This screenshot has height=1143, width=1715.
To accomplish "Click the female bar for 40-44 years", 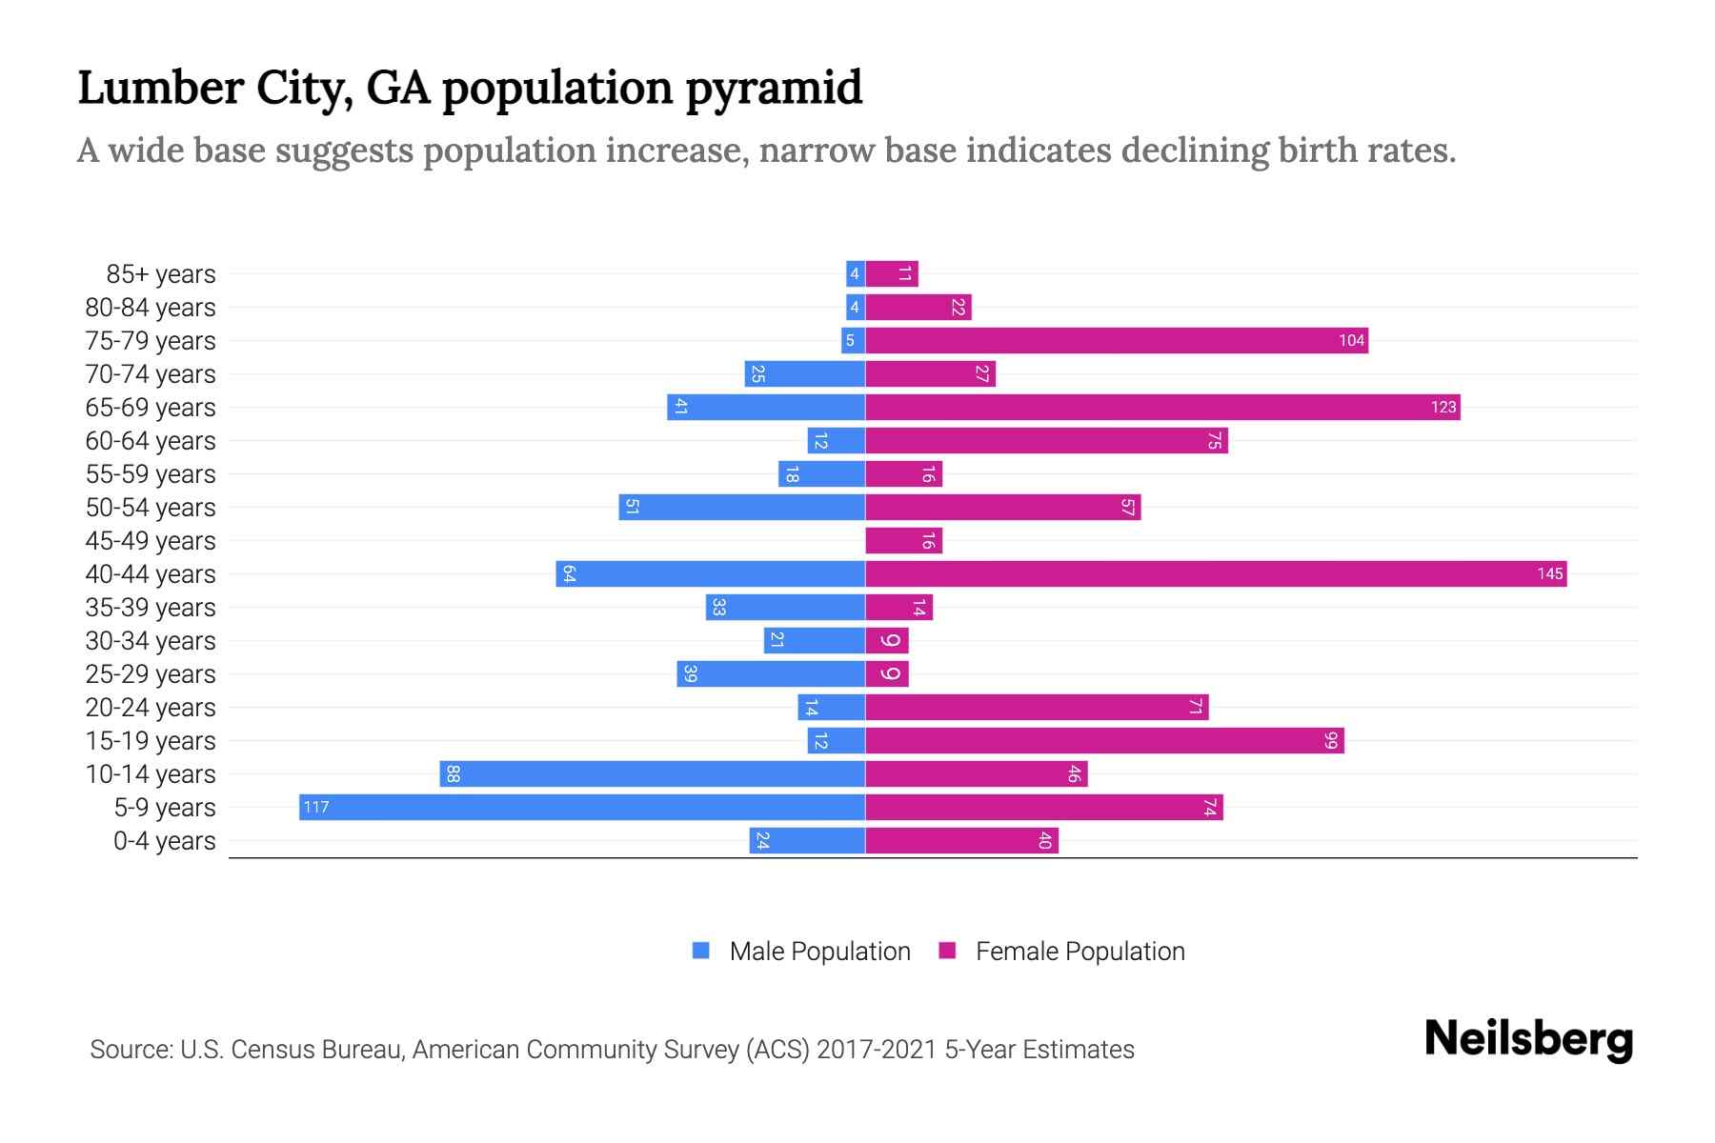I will (1215, 574).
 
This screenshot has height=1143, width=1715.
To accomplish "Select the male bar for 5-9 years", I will (581, 808).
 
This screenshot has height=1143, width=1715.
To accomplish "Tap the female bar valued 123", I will (1162, 408).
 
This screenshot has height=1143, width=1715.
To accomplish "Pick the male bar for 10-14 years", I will (652, 774).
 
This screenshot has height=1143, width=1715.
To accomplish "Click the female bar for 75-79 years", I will (1117, 341).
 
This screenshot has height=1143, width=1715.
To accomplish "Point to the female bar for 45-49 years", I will (903, 541).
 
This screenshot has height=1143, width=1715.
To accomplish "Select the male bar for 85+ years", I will (855, 274).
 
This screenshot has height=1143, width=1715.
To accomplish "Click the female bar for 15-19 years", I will (1104, 741).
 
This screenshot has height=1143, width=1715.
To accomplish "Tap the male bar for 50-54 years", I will (741, 508).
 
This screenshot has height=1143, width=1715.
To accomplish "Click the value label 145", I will (1549, 574).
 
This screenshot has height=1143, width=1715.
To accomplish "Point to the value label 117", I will (315, 808).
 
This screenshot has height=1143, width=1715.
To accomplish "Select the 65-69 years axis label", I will (151, 408).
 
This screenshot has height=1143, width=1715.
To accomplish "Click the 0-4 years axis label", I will (164, 841).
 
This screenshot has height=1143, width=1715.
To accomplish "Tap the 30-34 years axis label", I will (151, 641).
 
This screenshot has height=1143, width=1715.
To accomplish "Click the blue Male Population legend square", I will (701, 951).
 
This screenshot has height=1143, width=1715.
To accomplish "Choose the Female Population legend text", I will (1079, 952).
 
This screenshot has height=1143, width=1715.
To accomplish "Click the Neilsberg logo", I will (1528, 1039).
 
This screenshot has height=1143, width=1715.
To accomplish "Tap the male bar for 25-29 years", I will (771, 674).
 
